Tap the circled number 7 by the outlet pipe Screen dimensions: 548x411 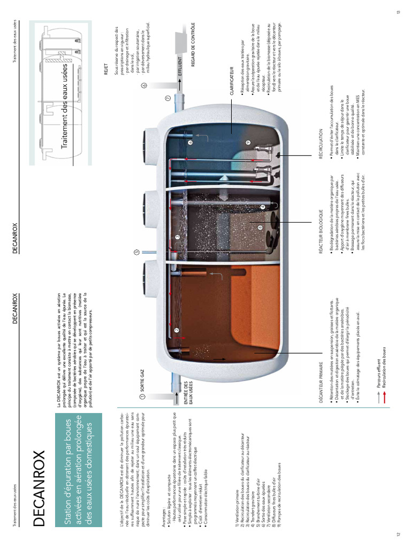click(168, 99)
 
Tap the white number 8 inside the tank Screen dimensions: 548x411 click(260, 227)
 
